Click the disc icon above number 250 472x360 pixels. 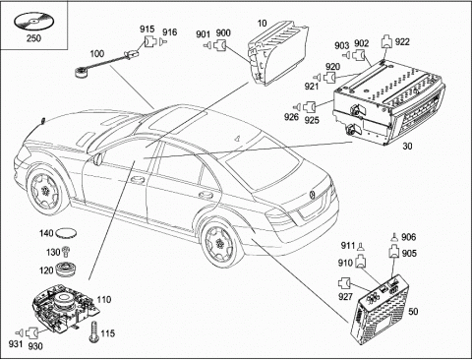tap(33, 22)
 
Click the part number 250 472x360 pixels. tap(33, 38)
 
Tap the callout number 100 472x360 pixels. tap(97, 53)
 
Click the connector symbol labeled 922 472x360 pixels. tap(386, 42)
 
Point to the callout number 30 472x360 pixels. tap(407, 146)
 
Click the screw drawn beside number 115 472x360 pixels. tap(93, 332)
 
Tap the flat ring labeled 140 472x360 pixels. tap(66, 234)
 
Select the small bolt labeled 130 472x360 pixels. tap(67, 252)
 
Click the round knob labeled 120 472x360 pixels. tap(66, 270)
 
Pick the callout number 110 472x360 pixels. tap(104, 299)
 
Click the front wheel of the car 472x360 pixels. tap(44, 190)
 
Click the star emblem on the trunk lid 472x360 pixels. tap(312, 195)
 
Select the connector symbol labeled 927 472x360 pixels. tap(343, 283)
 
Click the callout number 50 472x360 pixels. tap(413, 311)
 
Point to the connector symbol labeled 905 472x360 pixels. tap(394, 252)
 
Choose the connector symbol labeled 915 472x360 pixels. tap(150, 42)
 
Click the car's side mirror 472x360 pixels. tap(97, 158)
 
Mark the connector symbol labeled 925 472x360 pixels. tap(309, 107)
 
